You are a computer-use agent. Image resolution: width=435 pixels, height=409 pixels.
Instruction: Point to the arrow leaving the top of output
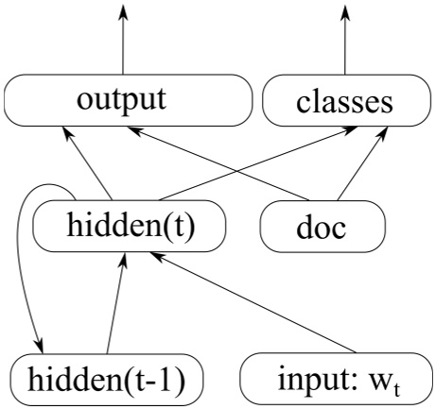click(122, 43)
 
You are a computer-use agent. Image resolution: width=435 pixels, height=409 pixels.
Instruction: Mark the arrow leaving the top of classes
click(342, 43)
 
